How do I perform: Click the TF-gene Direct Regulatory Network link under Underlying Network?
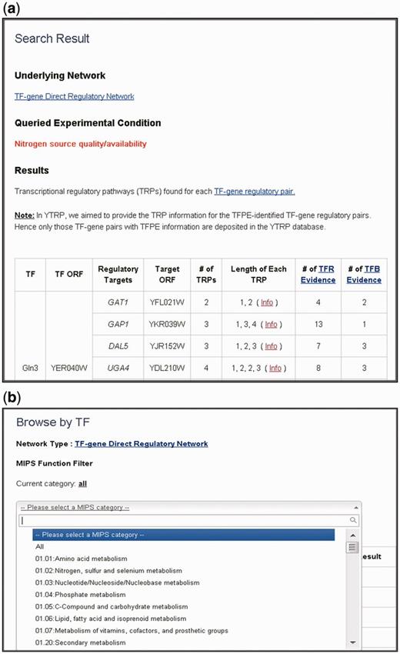[x=75, y=97]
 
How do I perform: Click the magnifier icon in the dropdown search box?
[x=353, y=521]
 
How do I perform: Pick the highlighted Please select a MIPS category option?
[x=86, y=535]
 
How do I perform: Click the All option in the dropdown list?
[x=40, y=546]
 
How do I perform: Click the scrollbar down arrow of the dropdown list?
[x=352, y=642]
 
